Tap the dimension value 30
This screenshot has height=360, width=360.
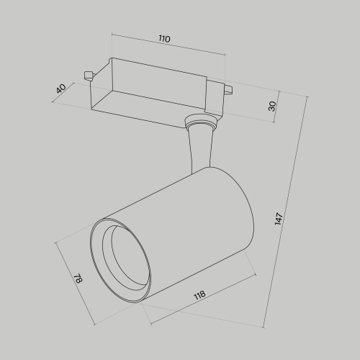pyautogui.click(x=272, y=105)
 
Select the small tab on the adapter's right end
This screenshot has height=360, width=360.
pyautogui.click(x=229, y=90)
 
